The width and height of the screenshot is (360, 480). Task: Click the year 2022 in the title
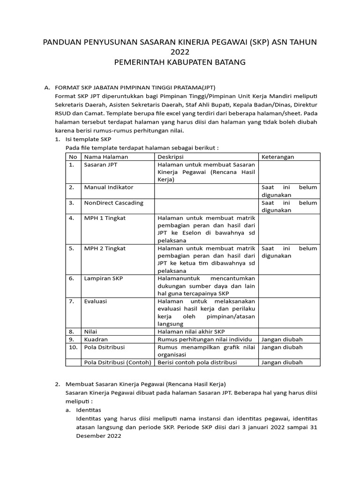(x=180, y=52)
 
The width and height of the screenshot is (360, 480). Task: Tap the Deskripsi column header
(x=171, y=157)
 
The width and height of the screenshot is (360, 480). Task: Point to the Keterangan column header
(x=277, y=157)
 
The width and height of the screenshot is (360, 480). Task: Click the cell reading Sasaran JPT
(x=101, y=165)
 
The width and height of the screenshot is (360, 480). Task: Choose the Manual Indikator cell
(x=108, y=187)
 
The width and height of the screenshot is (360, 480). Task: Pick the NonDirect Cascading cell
(x=113, y=202)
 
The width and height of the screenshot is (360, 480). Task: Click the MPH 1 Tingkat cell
(x=105, y=218)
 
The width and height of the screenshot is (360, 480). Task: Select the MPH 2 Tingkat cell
(x=105, y=248)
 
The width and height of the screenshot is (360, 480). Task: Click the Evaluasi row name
(x=95, y=301)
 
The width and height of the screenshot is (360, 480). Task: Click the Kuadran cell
(x=96, y=339)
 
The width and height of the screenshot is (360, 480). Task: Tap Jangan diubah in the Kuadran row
(x=282, y=339)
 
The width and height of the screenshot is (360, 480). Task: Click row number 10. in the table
(x=73, y=347)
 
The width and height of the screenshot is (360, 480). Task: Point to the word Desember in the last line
(x=91, y=435)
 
